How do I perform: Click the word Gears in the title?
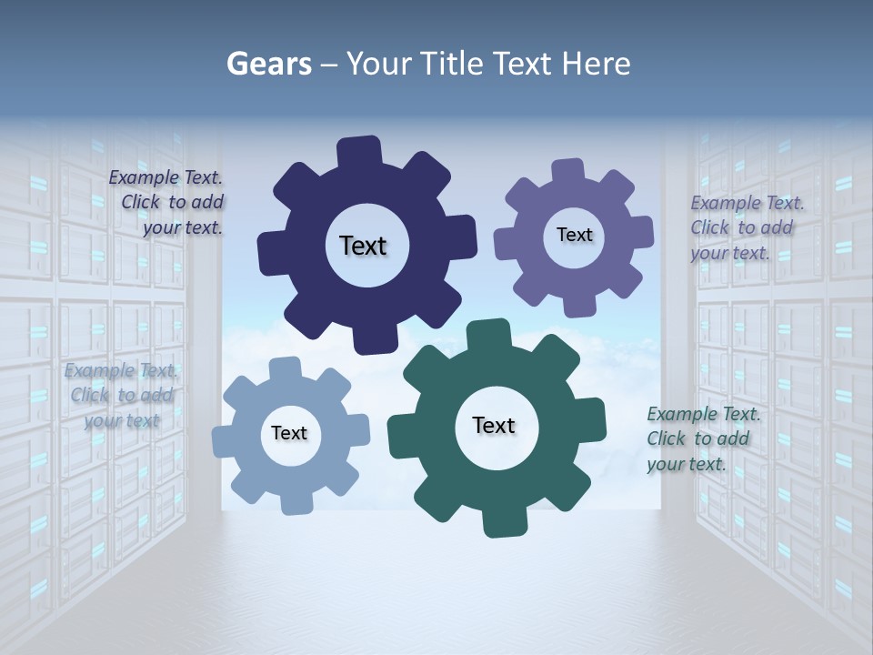(x=268, y=64)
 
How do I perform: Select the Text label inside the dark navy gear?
(x=363, y=246)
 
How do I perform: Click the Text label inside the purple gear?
(x=574, y=235)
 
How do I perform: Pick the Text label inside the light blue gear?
(x=289, y=433)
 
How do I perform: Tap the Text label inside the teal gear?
(x=494, y=425)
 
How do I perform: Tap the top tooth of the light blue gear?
(x=284, y=368)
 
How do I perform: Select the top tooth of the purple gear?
(x=567, y=170)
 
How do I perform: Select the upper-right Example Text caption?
(x=745, y=227)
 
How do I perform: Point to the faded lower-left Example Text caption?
(x=122, y=395)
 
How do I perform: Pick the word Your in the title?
(x=380, y=64)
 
